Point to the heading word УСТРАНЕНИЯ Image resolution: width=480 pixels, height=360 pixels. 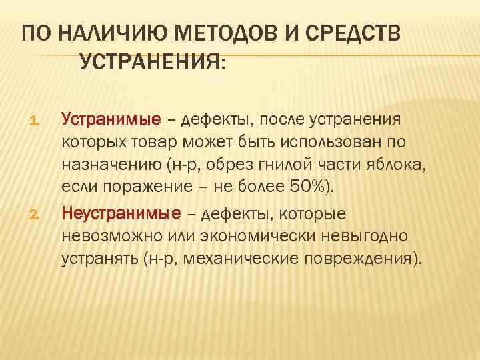point(153,63)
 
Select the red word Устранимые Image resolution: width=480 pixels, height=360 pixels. point(111,120)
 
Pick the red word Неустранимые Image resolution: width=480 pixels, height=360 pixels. point(121,213)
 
